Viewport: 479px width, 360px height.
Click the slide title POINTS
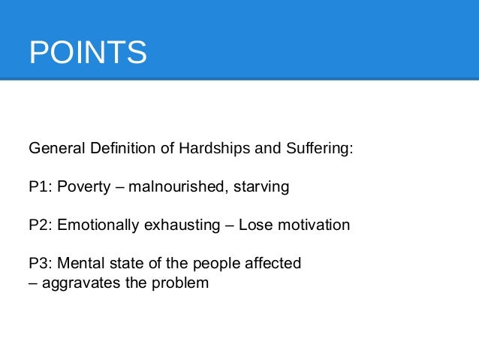[x=87, y=53]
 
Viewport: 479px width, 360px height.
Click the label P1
[x=39, y=186]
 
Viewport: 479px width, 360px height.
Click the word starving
[x=261, y=186]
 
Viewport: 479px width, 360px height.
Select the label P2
[x=39, y=225]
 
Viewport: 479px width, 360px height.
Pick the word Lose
[x=254, y=225]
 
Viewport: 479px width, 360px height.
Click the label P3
[x=39, y=263]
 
